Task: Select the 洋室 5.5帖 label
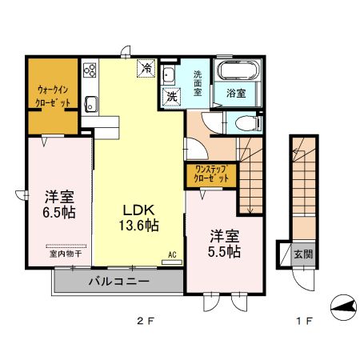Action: pyautogui.click(x=225, y=243)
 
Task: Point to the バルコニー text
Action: pyautogui.click(x=118, y=282)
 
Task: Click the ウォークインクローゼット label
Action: pyautogui.click(x=53, y=97)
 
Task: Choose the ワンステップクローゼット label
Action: pyautogui.click(x=210, y=174)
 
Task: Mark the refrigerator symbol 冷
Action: pyautogui.click(x=147, y=70)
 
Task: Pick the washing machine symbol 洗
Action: pyautogui.click(x=171, y=95)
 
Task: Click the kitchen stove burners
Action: pyautogui.click(x=90, y=70)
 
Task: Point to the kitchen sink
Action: pyautogui.click(x=90, y=102)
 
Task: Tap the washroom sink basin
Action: pyautogui.click(x=170, y=76)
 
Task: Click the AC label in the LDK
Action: pyautogui.click(x=171, y=255)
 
